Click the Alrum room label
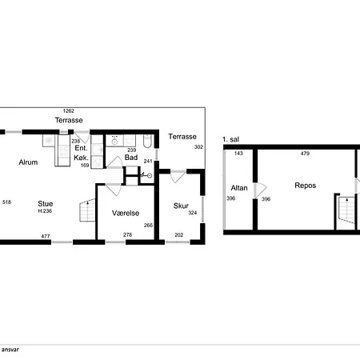click(28, 162)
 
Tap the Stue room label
click(45, 204)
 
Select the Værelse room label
click(126, 213)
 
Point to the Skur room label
click(181, 206)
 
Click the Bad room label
click(131, 158)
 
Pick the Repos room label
click(306, 186)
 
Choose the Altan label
click(239, 188)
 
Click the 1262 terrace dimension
click(69, 110)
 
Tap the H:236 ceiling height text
click(45, 211)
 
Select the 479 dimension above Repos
click(305, 154)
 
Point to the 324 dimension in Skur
click(193, 213)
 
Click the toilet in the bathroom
click(147, 141)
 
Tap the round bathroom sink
click(114, 141)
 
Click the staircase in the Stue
click(87, 210)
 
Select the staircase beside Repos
click(346, 210)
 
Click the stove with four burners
click(64, 151)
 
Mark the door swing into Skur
click(178, 176)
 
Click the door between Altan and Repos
click(260, 190)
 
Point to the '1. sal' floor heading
click(230, 139)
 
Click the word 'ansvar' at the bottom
click(10, 350)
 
